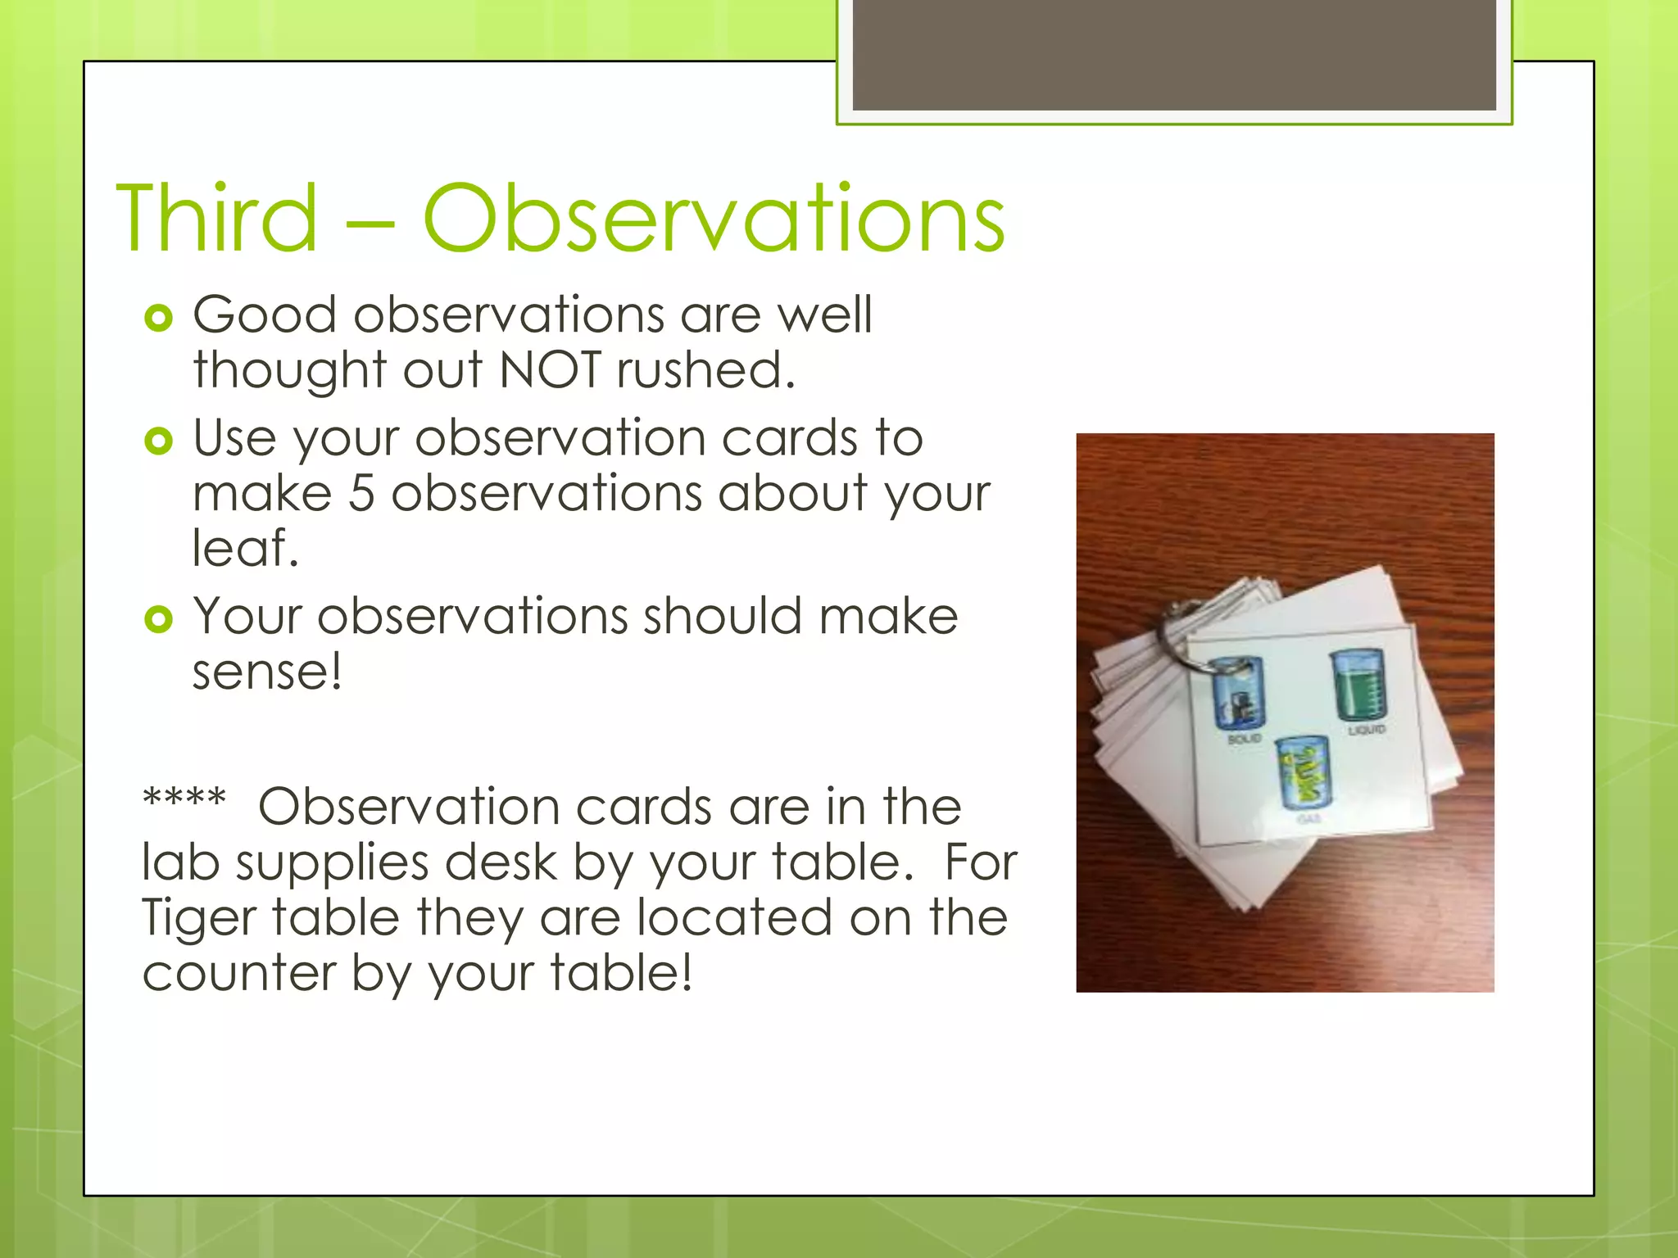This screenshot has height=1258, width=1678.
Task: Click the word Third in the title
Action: (216, 219)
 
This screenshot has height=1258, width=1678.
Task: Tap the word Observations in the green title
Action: (713, 219)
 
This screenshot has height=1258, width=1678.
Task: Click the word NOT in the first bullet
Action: (550, 370)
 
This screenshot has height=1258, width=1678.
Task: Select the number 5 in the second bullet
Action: (361, 494)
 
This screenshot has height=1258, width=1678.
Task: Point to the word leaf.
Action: (244, 548)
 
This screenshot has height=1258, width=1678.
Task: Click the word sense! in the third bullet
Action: (266, 672)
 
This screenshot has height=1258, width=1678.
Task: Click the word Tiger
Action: (198, 917)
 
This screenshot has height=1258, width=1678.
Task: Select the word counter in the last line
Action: (238, 973)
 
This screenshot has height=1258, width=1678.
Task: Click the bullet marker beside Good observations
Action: (158, 318)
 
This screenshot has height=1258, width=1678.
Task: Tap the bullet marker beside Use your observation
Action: (158, 441)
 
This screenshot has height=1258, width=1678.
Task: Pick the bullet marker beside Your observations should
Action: (158, 619)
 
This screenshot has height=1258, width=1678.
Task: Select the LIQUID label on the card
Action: (1367, 729)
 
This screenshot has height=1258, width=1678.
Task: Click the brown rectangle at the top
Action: (1174, 54)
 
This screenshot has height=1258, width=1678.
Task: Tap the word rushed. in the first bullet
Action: (705, 370)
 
